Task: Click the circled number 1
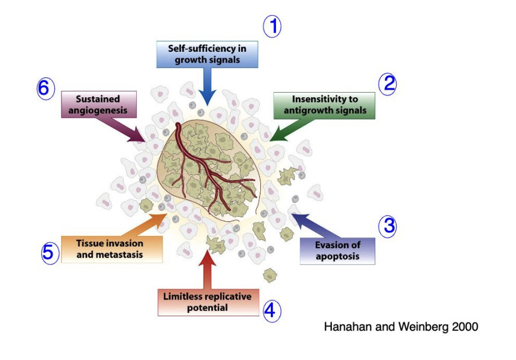[272, 26]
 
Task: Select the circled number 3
[387, 226]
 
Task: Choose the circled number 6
[46, 90]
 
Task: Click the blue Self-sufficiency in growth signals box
[207, 54]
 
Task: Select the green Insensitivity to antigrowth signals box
[324, 105]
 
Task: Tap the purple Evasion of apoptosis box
[337, 250]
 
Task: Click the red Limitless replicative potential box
[207, 302]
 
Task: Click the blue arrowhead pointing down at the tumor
[207, 98]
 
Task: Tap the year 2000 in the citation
[465, 327]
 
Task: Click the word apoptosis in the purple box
[337, 256]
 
